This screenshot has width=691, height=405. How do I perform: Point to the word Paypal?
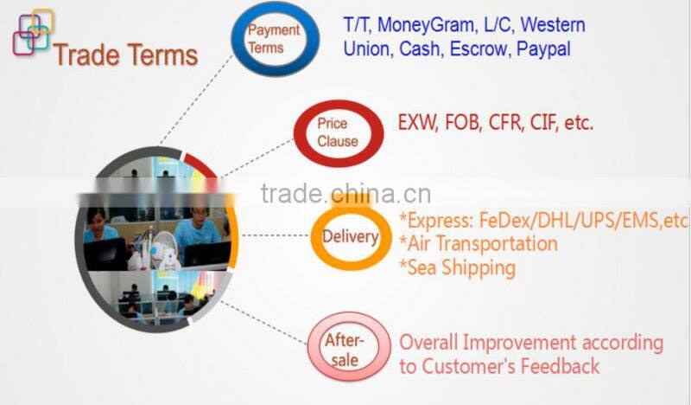(543, 49)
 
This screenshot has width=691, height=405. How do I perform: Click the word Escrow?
(478, 49)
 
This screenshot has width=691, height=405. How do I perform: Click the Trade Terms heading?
(125, 55)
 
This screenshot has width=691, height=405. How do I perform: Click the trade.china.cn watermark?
(345, 193)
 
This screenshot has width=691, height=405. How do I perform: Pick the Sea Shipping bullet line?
(457, 267)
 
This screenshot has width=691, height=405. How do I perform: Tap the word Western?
(553, 25)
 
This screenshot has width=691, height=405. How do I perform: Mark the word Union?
(368, 49)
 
